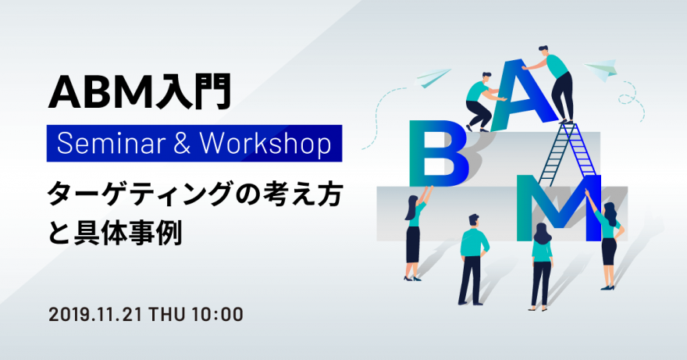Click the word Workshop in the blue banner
click(x=265, y=144)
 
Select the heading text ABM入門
click(x=139, y=92)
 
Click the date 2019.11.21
click(x=95, y=315)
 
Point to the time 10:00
click(x=217, y=315)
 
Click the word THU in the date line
click(x=167, y=315)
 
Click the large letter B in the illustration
click(x=438, y=154)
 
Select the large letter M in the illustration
click(x=559, y=208)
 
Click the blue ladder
click(x=566, y=155)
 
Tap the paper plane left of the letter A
click(x=432, y=77)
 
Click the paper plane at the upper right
click(x=600, y=70)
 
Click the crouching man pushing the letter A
click(x=481, y=102)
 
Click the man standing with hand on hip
click(x=473, y=259)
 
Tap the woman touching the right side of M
click(x=607, y=239)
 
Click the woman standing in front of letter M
click(x=542, y=266)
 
